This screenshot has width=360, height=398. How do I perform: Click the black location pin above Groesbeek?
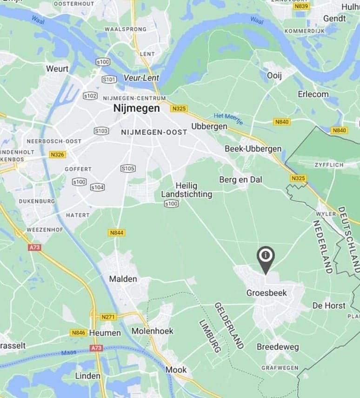pyautogui.click(x=266, y=258)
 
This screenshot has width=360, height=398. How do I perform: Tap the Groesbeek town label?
pyautogui.click(x=266, y=293)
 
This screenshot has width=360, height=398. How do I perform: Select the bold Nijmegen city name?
pyautogui.click(x=136, y=108)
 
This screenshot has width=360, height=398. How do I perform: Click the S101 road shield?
pyautogui.click(x=109, y=80)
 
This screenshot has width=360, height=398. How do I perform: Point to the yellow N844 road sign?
pyautogui.click(x=116, y=232)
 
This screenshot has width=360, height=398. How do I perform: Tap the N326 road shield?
pyautogui.click(x=58, y=154)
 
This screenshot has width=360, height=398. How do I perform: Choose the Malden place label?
pyautogui.click(x=123, y=279)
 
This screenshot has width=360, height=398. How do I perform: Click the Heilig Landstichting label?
pyautogui.click(x=187, y=190)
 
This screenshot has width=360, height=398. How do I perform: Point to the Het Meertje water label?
pyautogui.click(x=228, y=119)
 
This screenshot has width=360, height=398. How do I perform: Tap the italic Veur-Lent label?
pyautogui.click(x=141, y=78)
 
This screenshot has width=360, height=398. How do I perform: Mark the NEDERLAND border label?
pyautogui.click(x=322, y=246)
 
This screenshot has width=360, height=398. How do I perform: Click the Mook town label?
pyautogui.click(x=176, y=370)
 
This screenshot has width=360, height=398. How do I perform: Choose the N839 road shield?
pyautogui.click(x=301, y=6)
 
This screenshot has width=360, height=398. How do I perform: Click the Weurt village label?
pyautogui.click(x=57, y=69)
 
